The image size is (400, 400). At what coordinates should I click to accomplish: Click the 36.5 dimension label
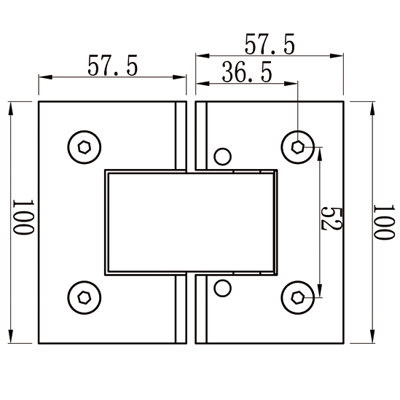click(x=247, y=72)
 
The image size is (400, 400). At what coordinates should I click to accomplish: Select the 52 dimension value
click(x=331, y=219)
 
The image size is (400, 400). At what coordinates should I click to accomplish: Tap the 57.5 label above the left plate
click(x=112, y=66)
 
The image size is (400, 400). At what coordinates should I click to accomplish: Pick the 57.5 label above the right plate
click(x=270, y=44)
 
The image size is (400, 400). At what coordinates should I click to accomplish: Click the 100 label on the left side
click(x=23, y=217)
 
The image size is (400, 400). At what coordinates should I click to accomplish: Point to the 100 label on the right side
click(x=384, y=222)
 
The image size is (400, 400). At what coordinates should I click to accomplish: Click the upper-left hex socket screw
click(x=85, y=147)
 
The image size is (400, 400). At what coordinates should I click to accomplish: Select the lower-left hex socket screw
click(x=85, y=298)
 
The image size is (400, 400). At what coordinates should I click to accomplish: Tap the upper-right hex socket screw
click(x=298, y=147)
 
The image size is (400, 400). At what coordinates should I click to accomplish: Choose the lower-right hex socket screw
click(x=298, y=298)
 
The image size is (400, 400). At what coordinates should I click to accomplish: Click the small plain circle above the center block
click(x=223, y=157)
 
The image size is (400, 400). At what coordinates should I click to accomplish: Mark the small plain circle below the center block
click(x=223, y=288)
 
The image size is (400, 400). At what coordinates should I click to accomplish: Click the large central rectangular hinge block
click(x=191, y=222)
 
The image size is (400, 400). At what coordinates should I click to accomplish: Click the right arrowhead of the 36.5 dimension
click(x=291, y=83)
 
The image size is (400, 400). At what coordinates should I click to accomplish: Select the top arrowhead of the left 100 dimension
click(x=11, y=109)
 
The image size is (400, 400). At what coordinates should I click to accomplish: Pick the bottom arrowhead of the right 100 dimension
click(x=372, y=337)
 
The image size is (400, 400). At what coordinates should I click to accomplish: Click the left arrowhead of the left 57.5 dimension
click(x=45, y=77)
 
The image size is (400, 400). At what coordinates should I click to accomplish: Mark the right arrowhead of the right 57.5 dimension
click(x=337, y=55)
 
